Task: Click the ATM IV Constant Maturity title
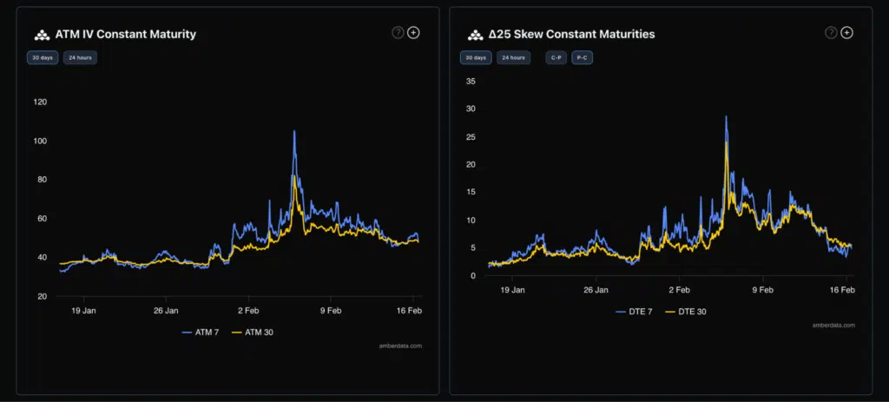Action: pos(126,35)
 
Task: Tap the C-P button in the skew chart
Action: pos(556,58)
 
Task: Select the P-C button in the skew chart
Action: pos(583,58)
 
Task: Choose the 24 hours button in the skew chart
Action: pos(512,58)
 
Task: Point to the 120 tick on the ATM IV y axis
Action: pos(40,102)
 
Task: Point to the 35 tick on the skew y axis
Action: pos(471,82)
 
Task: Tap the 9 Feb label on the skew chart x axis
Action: pos(762,290)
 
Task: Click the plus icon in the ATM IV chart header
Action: pos(413,33)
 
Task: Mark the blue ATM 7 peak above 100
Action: pos(294,131)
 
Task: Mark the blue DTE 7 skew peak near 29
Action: pos(726,116)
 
